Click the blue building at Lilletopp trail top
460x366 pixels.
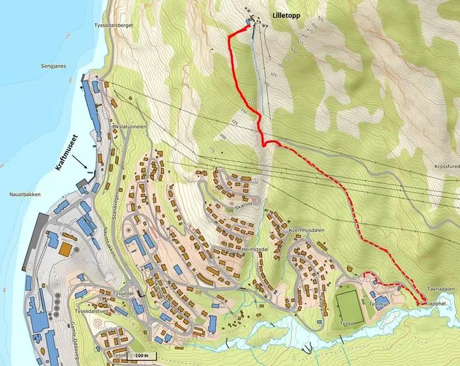tap(248, 22)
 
